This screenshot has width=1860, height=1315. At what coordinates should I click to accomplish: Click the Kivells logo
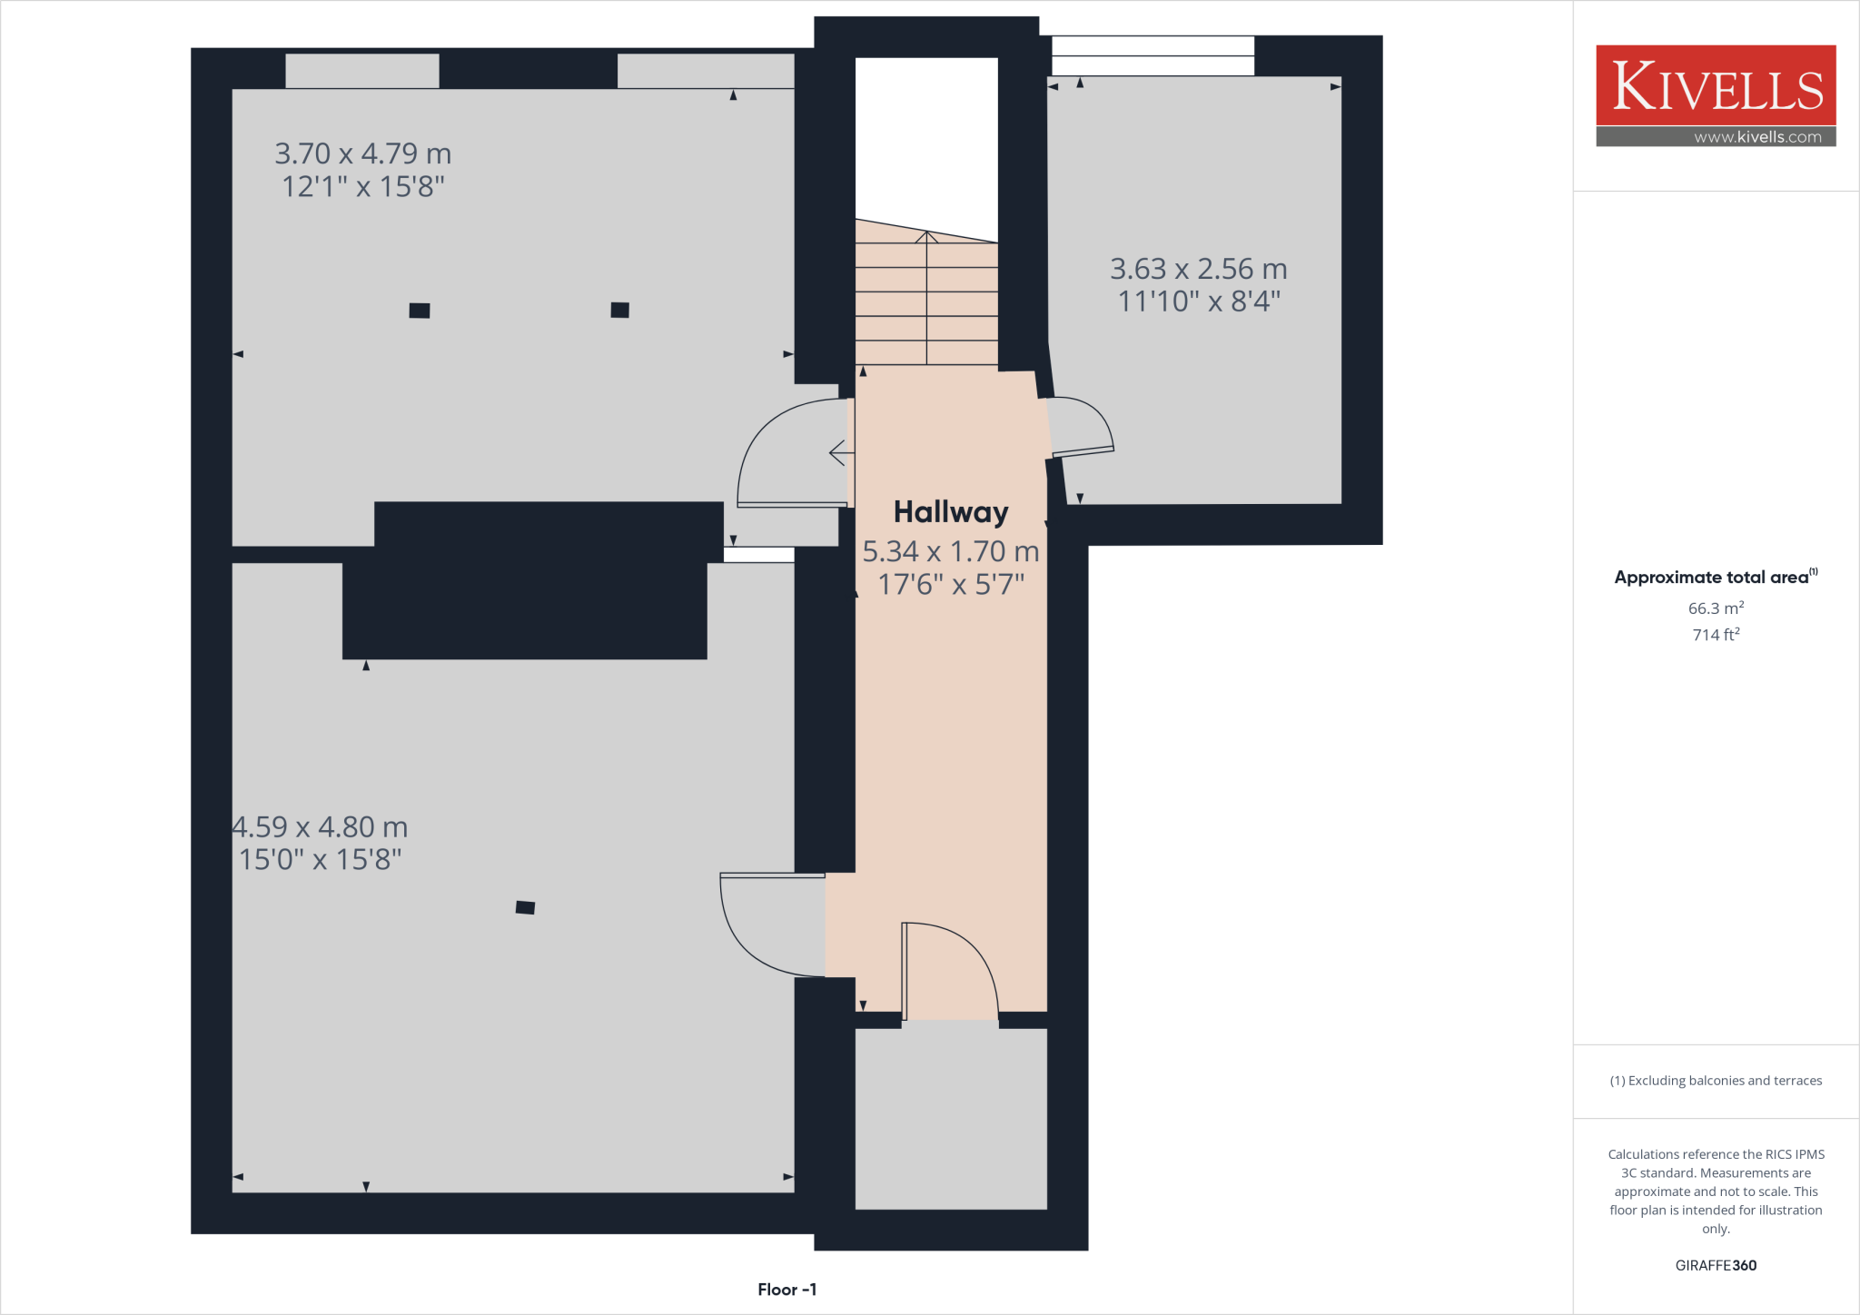click(1716, 85)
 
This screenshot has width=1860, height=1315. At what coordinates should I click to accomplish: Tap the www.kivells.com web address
click(1757, 137)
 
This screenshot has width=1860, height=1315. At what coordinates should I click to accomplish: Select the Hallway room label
click(950, 512)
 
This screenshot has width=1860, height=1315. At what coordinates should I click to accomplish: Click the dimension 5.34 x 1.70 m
click(950, 551)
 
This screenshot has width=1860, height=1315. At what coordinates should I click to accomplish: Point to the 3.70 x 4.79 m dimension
click(362, 153)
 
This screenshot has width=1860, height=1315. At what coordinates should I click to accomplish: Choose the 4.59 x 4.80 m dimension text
click(320, 827)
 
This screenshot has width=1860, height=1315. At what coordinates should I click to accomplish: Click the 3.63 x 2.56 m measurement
click(1198, 269)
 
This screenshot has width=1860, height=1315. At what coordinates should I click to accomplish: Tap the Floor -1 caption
click(787, 1290)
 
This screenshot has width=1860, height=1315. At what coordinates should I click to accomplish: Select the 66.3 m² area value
click(1715, 608)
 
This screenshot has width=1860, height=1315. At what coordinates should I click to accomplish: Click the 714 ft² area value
click(1715, 635)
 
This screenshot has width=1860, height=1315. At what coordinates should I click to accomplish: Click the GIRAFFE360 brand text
click(1715, 1265)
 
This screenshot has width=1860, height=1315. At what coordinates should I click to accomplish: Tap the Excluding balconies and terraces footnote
click(1715, 1081)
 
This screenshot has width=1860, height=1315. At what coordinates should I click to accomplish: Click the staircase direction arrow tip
click(926, 233)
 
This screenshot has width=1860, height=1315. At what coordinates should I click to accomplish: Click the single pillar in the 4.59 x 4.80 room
click(525, 907)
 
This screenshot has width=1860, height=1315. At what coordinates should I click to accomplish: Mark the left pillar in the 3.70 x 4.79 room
click(419, 311)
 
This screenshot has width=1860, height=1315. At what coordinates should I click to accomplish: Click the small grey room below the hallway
click(951, 1119)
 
